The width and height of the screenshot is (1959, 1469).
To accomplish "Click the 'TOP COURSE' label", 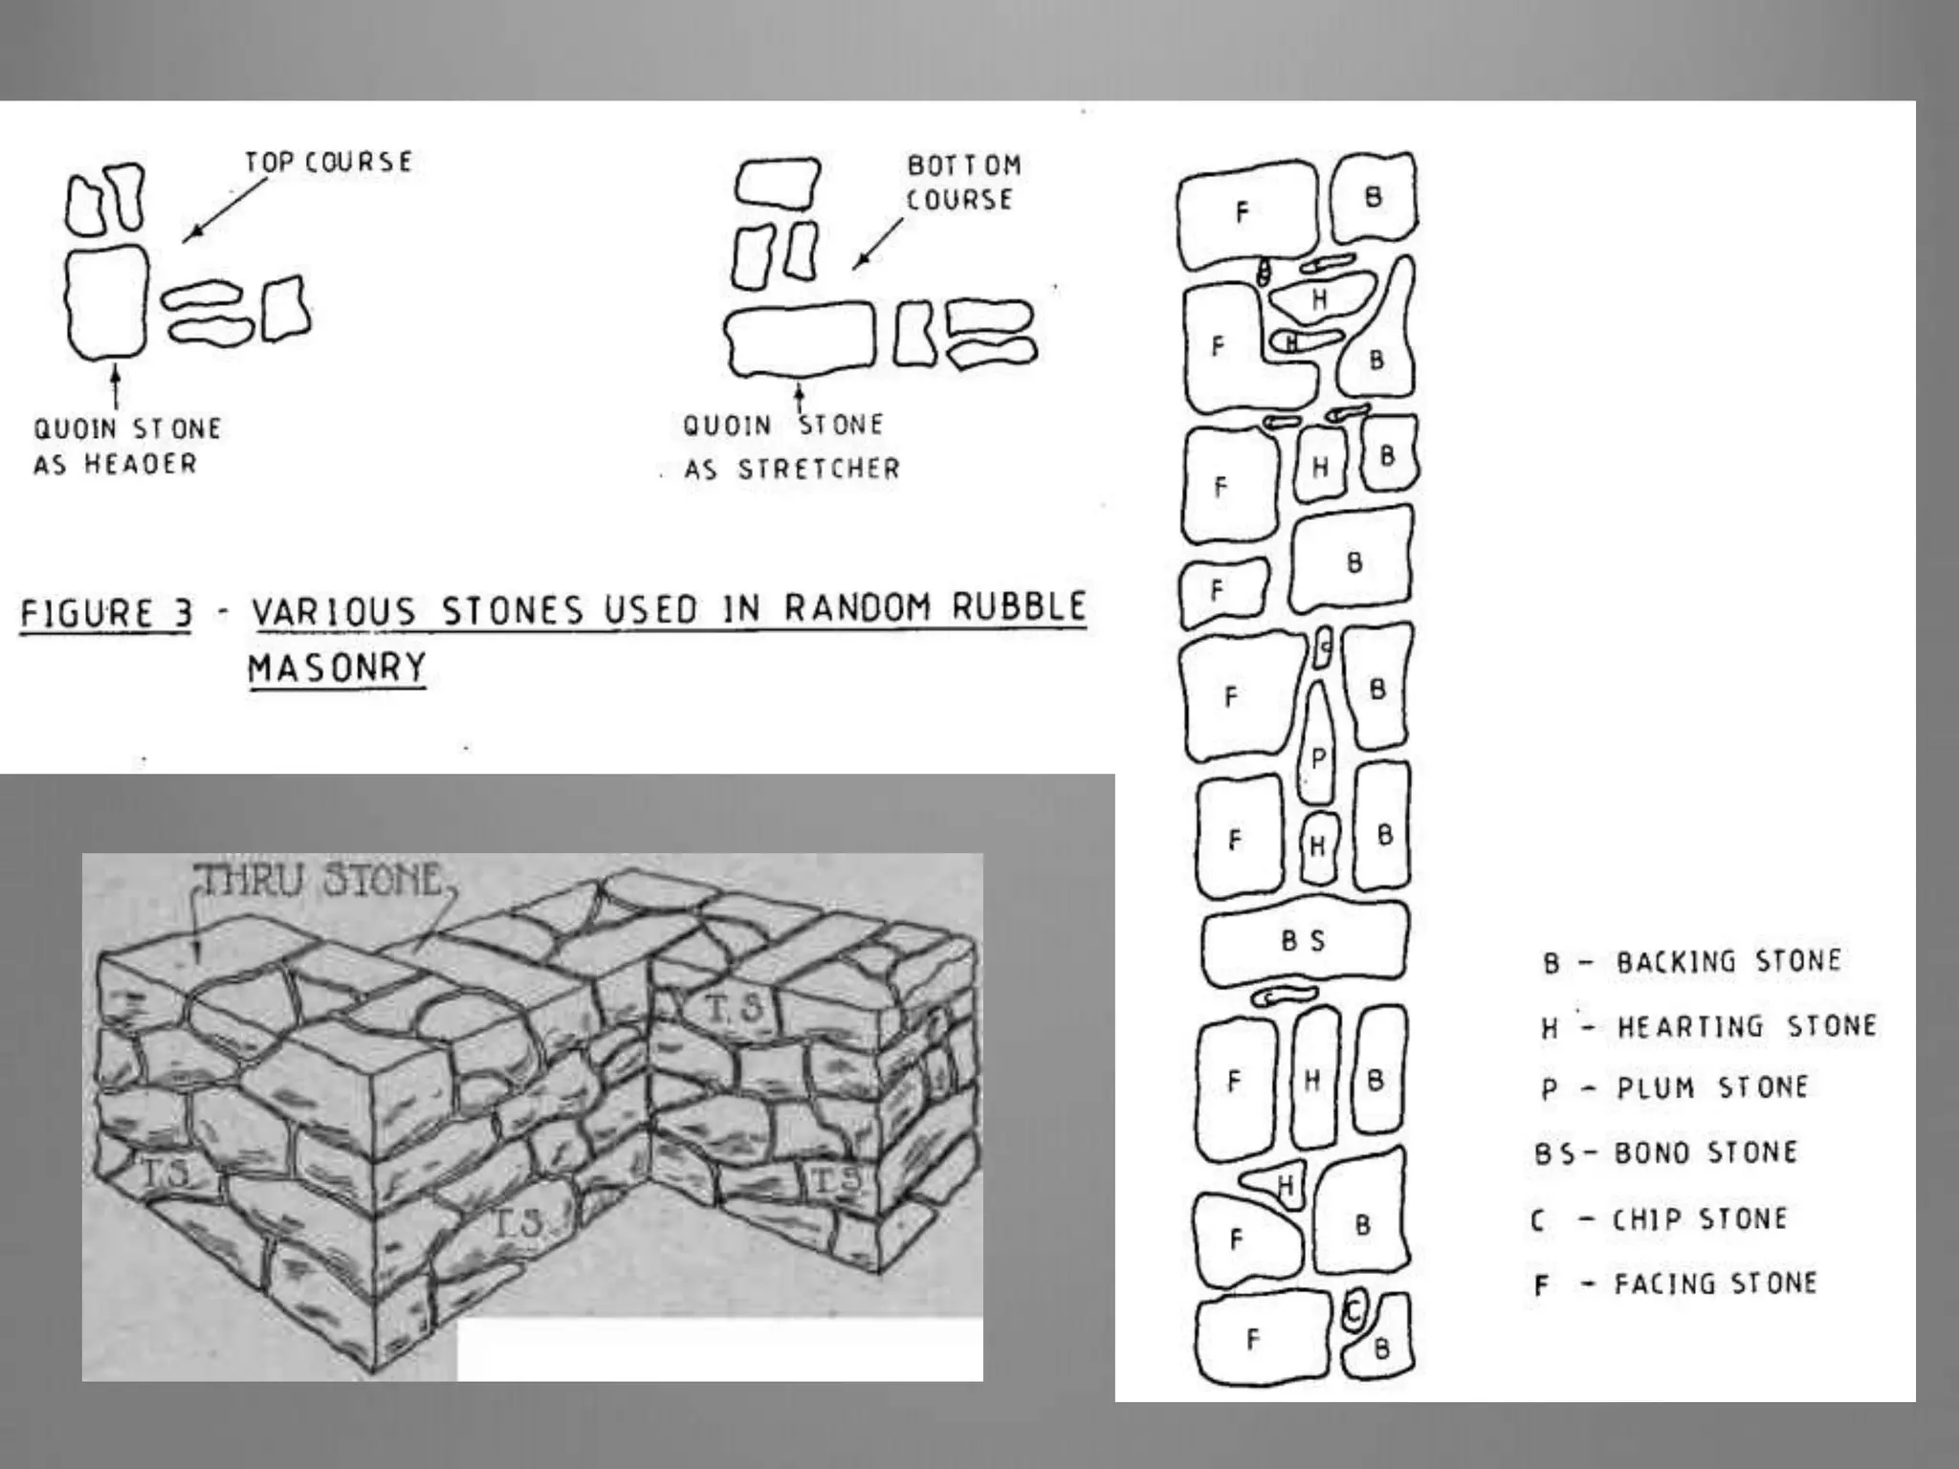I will [x=328, y=162].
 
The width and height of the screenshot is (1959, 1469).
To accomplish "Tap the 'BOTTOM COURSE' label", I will [x=962, y=182].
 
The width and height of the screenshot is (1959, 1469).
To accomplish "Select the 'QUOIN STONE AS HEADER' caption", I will [x=127, y=446].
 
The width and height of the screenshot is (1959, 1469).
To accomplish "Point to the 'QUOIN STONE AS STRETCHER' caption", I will [x=790, y=447].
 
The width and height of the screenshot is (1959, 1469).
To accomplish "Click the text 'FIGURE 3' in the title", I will [x=106, y=613].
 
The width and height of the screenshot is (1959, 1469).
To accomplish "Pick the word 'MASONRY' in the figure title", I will [x=337, y=667].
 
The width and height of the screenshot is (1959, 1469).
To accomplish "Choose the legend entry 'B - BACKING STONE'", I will [x=1691, y=961].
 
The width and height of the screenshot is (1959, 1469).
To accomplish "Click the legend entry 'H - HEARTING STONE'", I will [x=1708, y=1026].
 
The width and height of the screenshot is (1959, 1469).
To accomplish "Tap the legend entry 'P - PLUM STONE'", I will [x=1675, y=1088].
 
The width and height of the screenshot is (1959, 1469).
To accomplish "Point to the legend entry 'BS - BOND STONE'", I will [x=1665, y=1152].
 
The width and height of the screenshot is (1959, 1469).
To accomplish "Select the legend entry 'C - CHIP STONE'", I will [x=1660, y=1219].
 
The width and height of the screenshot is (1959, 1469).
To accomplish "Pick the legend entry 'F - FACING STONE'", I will [x=1675, y=1283].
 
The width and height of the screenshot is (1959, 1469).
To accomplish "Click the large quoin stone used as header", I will [x=106, y=302].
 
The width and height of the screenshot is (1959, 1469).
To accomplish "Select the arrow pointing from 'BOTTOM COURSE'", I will [x=878, y=243].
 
